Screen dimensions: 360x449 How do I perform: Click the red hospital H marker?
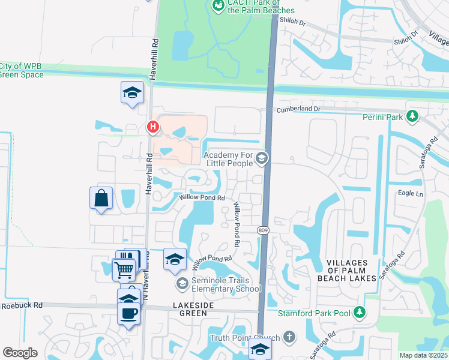pos(153,127)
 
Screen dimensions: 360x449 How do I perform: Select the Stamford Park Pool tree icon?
pos(359,311)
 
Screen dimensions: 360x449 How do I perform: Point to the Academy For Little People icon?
pos(262,158)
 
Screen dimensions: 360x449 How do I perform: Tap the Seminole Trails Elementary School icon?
pos(182,283)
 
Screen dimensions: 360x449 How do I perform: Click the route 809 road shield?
pos(262,230)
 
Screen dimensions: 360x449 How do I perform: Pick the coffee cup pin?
pos(130,313)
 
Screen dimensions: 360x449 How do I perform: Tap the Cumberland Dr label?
pos(298,109)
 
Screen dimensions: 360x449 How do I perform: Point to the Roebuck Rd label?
pos(22,305)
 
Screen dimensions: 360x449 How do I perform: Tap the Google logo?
pos(20,353)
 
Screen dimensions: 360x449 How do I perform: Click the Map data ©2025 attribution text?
pos(423,355)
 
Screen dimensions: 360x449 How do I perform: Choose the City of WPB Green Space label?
pos(22,70)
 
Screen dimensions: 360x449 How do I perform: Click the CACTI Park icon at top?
pos(218,5)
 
